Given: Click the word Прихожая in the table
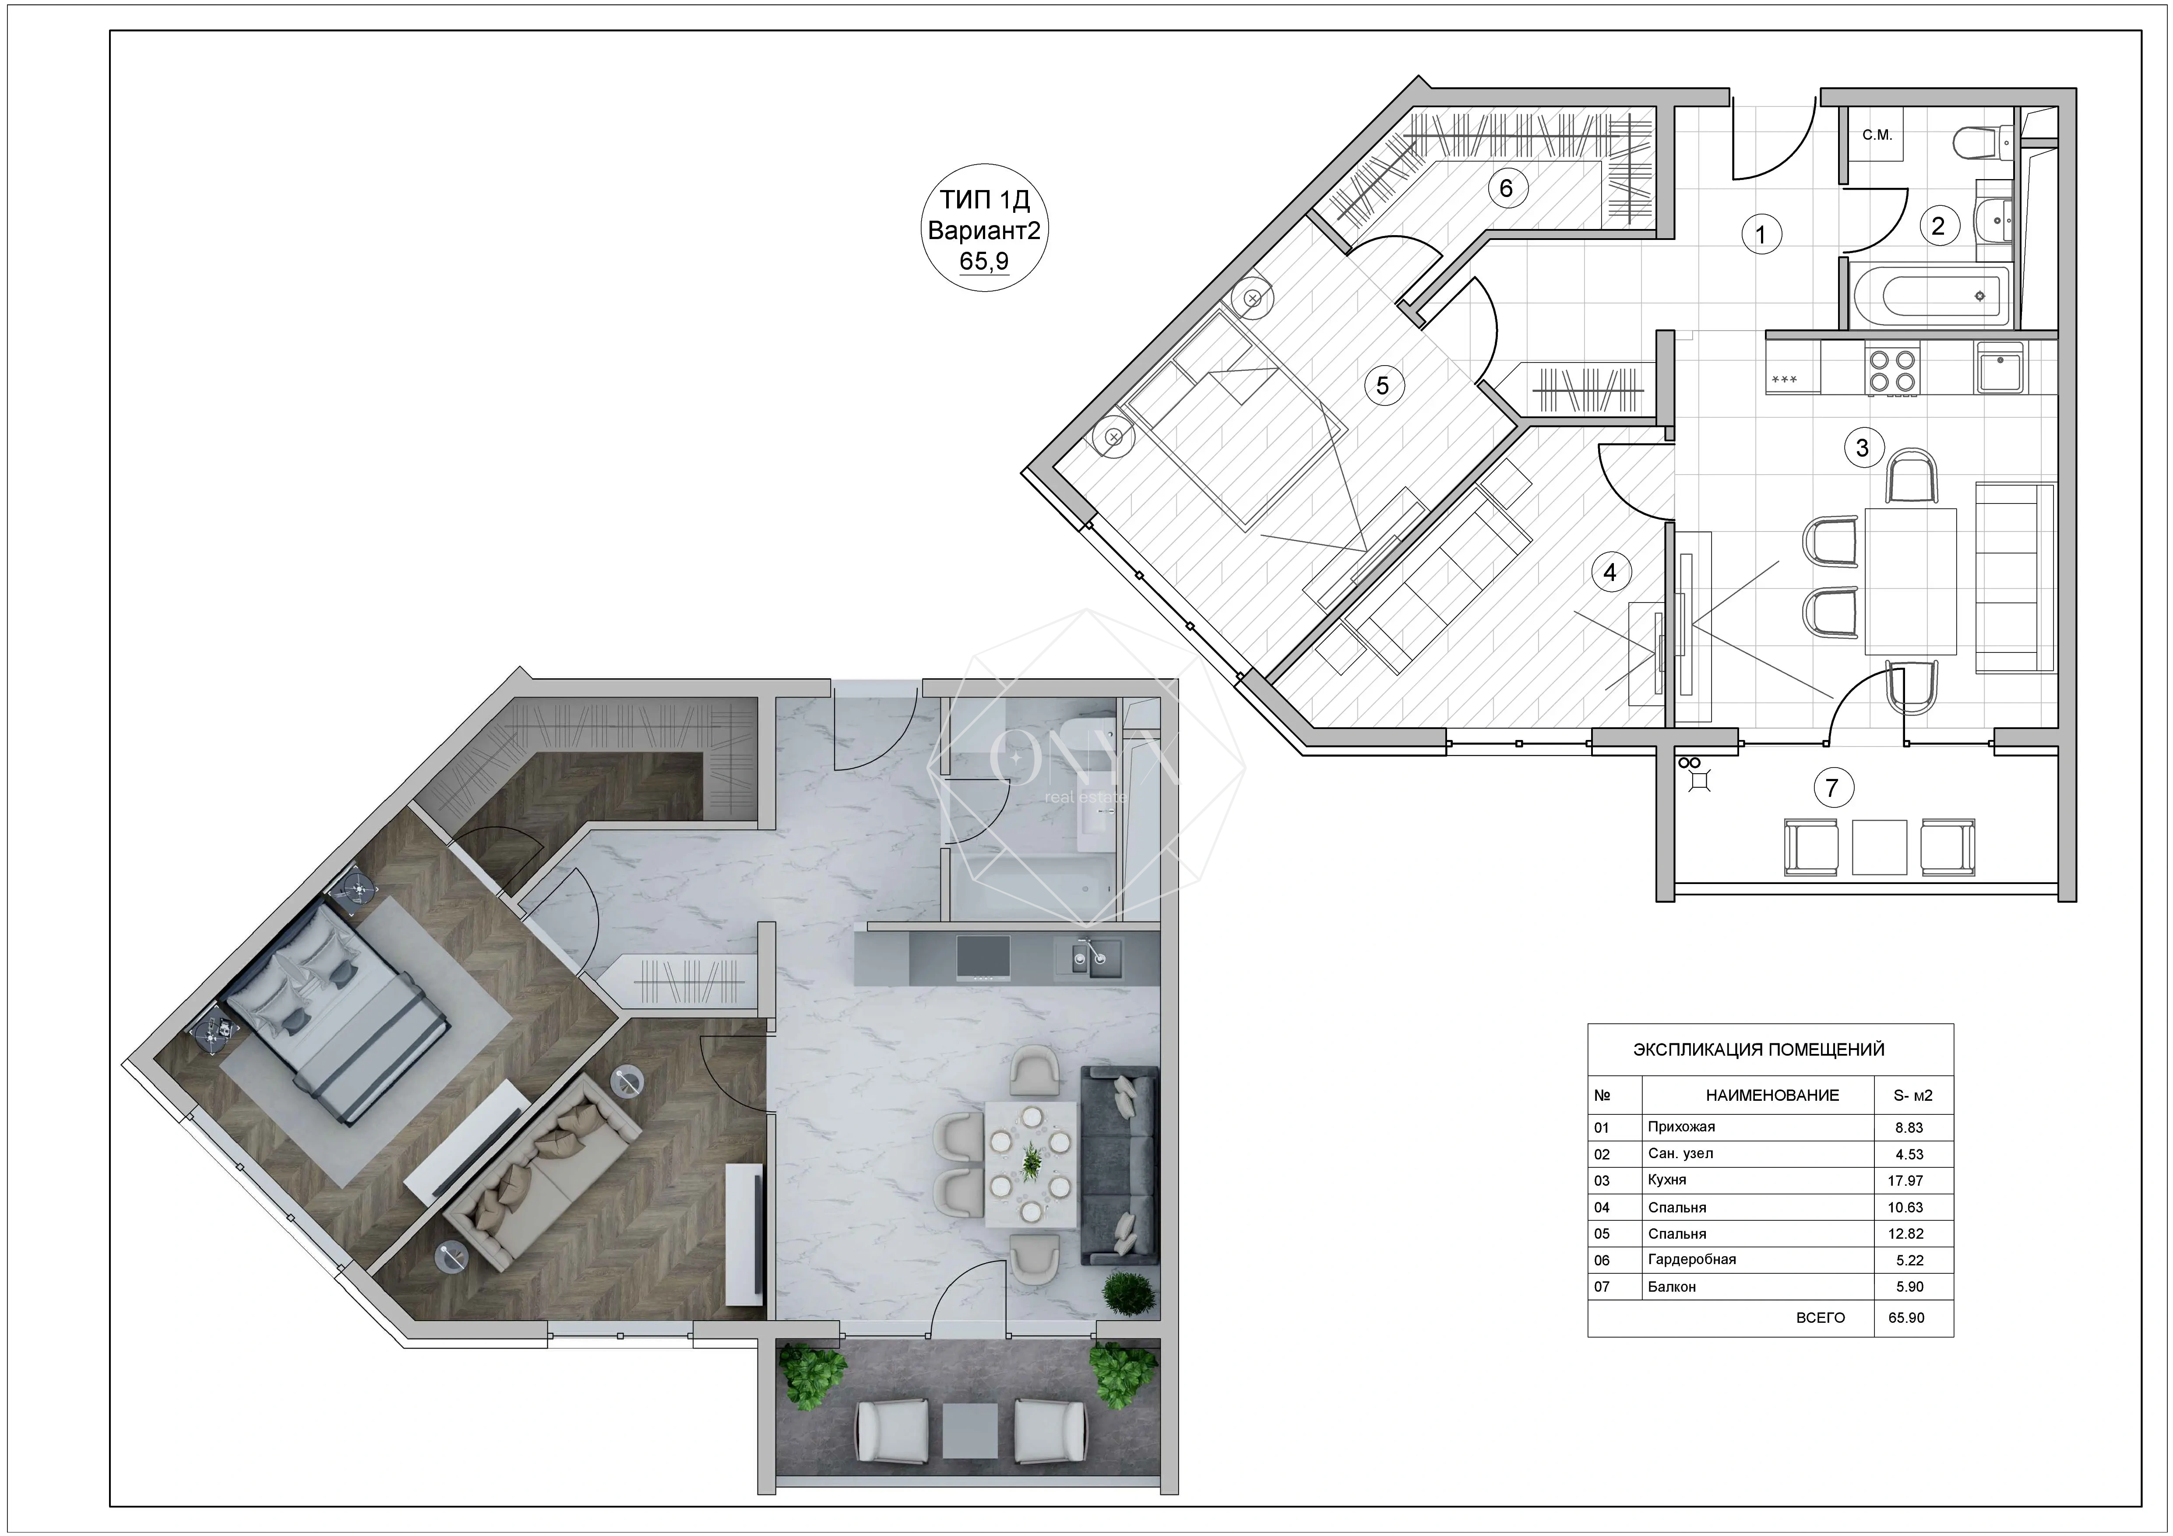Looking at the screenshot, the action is (x=1681, y=1126).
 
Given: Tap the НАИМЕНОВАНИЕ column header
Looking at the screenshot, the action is (x=1772, y=1095).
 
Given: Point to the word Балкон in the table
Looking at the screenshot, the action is (x=1671, y=1286).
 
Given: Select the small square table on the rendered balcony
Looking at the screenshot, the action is (x=970, y=1432).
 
